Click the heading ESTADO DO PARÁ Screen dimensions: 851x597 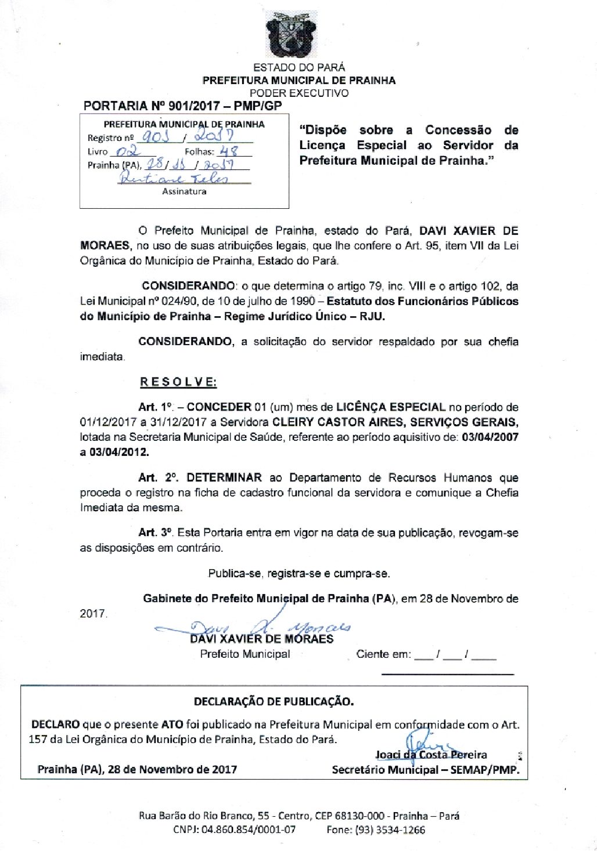(x=298, y=67)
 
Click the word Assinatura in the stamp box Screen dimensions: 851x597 (x=184, y=191)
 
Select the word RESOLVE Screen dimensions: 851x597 (x=178, y=382)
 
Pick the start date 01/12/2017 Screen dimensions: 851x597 (x=106, y=422)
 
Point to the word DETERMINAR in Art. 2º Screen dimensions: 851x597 (x=224, y=477)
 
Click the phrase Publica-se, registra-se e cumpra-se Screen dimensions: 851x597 (x=298, y=573)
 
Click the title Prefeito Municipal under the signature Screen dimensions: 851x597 (x=245, y=654)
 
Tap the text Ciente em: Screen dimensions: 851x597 (x=383, y=654)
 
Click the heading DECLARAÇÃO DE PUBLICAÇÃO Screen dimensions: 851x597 (x=274, y=701)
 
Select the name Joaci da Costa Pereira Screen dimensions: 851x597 (x=431, y=755)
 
